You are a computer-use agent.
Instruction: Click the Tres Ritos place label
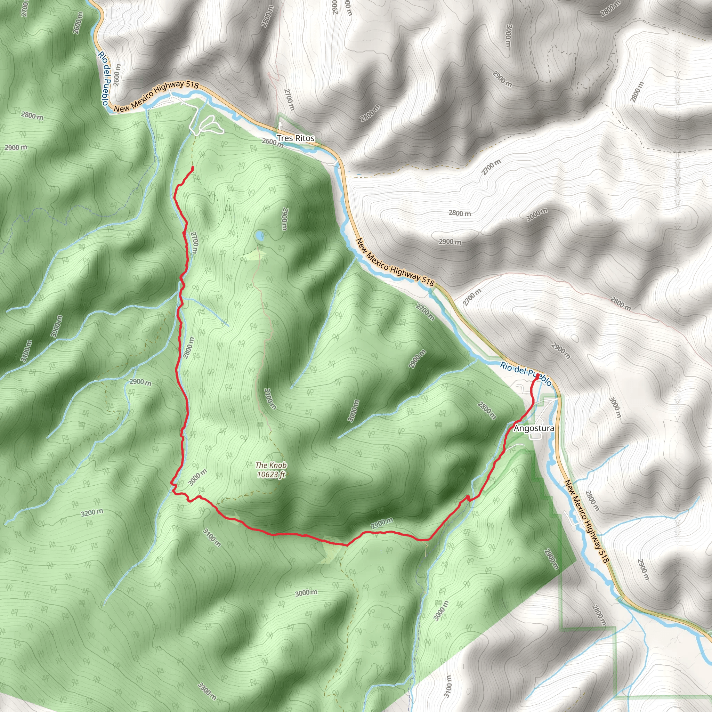pyautogui.click(x=296, y=138)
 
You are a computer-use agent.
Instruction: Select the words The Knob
pyautogui.click(x=271, y=466)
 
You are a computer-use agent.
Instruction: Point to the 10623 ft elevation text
pyautogui.click(x=271, y=475)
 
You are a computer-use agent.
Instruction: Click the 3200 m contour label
pyautogui.click(x=92, y=513)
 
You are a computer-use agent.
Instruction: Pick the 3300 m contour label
pyautogui.click(x=207, y=691)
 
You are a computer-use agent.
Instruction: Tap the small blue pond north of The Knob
pyautogui.click(x=260, y=236)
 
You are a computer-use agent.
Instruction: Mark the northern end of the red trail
pyautogui.click(x=192, y=168)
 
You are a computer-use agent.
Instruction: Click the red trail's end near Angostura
pyautogui.click(x=538, y=375)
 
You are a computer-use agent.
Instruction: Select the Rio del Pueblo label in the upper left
pyautogui.click(x=104, y=78)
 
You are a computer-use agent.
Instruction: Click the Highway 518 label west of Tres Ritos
pyautogui.click(x=156, y=96)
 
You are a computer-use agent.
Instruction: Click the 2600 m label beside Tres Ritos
pyautogui.click(x=273, y=142)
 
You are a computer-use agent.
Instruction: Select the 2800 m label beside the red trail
pyautogui.click(x=188, y=348)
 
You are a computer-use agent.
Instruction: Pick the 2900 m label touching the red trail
pyautogui.click(x=382, y=524)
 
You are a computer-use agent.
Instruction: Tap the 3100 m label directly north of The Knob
pyautogui.click(x=270, y=399)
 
